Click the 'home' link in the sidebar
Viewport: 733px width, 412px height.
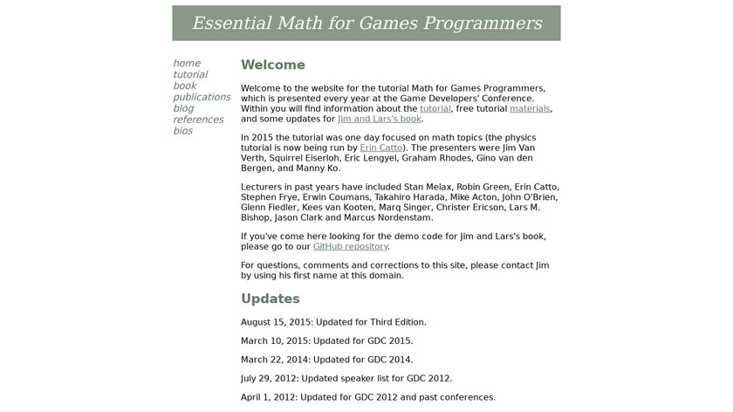point(187,63)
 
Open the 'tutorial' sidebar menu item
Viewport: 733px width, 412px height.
point(190,74)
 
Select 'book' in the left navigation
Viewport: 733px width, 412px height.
point(184,86)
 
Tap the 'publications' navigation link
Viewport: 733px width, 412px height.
point(202,97)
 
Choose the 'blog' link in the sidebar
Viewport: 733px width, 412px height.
point(183,108)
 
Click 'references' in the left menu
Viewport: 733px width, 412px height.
point(198,120)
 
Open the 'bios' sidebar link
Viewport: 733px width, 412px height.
point(182,131)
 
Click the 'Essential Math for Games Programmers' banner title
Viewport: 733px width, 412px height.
point(366,23)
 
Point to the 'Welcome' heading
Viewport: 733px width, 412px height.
point(273,65)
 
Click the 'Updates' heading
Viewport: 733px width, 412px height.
point(271,299)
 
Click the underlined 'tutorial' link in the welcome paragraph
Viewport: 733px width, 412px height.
point(435,108)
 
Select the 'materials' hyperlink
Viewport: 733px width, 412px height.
point(530,108)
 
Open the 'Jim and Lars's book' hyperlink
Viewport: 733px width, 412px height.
point(380,119)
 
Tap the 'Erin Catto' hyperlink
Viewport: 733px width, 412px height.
point(380,148)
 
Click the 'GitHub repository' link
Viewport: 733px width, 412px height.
point(350,246)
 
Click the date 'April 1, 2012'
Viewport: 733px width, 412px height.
point(268,397)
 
